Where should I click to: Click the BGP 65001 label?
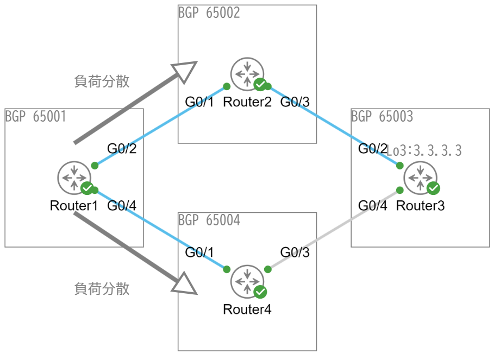(35, 117)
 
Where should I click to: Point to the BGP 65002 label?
(209, 13)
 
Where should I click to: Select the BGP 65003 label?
(382, 117)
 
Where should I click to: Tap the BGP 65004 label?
(209, 220)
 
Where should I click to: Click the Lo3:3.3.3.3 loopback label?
(424, 151)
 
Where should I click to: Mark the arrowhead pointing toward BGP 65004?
(185, 283)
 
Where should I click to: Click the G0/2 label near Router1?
(121, 148)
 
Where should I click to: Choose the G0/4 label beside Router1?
(121, 206)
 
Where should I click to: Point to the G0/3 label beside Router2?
(295, 102)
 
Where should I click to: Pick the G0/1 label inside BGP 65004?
(200, 252)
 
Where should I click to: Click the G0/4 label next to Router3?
(373, 206)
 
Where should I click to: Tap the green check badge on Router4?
(260, 292)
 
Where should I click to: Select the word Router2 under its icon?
(247, 102)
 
